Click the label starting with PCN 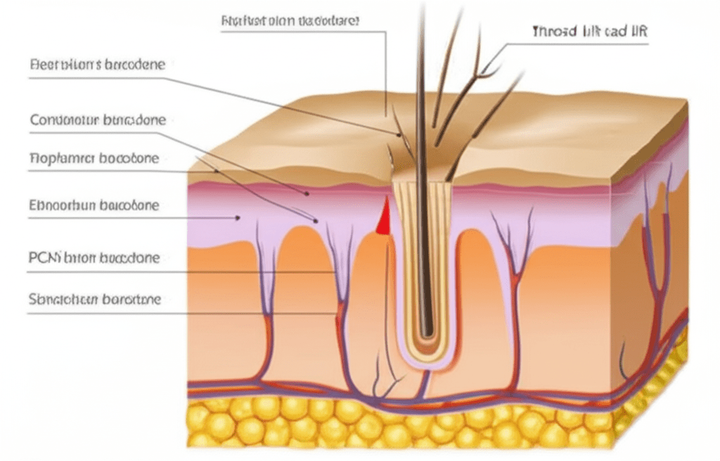click(x=94, y=258)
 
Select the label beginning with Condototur click(x=98, y=120)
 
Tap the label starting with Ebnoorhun click(x=94, y=206)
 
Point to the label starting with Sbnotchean click(x=95, y=299)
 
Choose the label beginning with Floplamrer click(x=94, y=158)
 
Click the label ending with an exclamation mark click(x=290, y=21)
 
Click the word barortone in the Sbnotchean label click(x=131, y=299)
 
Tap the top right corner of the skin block click(x=686, y=100)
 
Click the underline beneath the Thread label click(x=577, y=44)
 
